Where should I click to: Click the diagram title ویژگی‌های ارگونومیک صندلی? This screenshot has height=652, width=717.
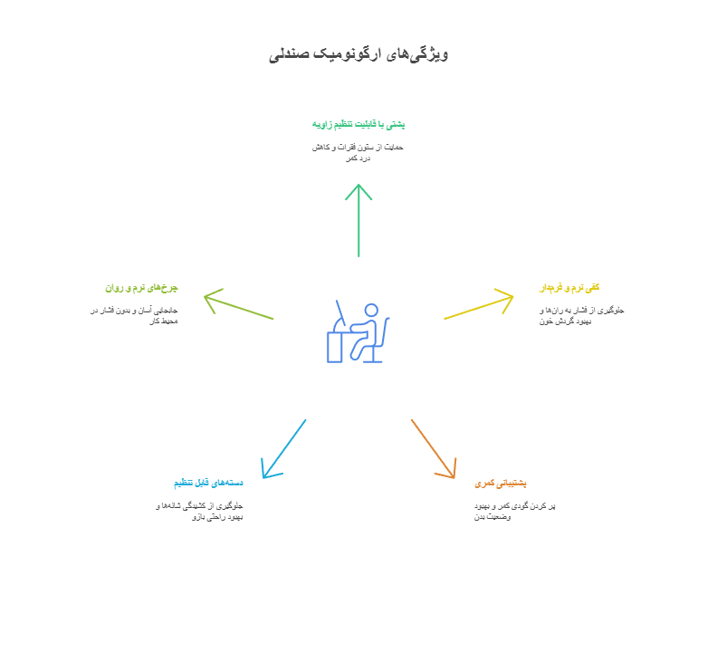359,53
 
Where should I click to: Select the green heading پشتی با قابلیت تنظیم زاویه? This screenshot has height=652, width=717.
358,123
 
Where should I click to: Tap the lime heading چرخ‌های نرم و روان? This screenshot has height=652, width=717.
141,288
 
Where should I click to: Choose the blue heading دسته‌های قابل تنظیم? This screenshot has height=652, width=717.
208,483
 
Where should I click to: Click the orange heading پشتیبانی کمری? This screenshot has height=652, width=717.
501,484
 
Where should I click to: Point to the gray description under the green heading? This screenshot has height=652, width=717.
358,151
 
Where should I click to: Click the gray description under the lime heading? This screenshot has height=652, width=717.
135,315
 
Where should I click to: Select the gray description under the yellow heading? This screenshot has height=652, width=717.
581,315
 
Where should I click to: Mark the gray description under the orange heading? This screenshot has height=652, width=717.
514,511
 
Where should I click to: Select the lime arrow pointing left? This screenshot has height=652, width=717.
238,305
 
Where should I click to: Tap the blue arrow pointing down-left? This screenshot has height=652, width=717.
283,449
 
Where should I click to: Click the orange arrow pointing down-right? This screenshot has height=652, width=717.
435,448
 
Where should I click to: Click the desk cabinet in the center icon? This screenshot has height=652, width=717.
335,347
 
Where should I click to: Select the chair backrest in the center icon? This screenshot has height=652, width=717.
387,331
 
